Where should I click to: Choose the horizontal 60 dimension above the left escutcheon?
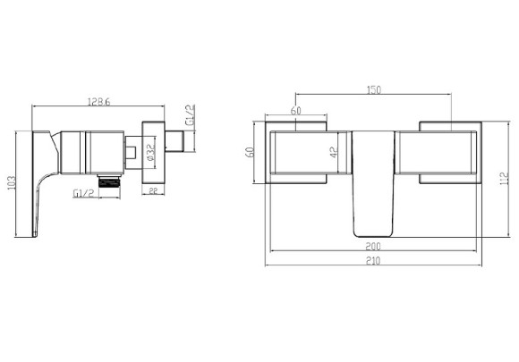tap(294, 110)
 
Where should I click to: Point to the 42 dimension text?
tap(333, 153)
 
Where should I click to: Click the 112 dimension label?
tap(506, 179)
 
